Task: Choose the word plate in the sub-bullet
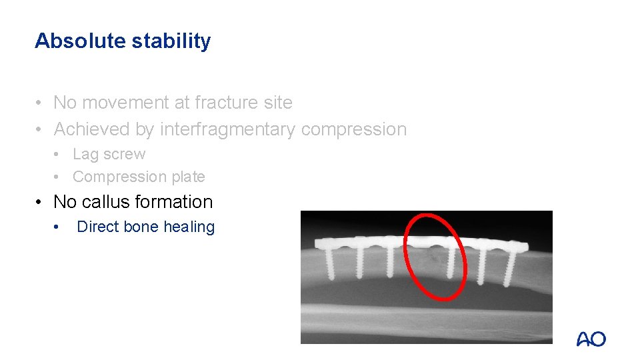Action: click(189, 177)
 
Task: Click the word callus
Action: click(106, 201)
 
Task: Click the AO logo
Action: click(591, 339)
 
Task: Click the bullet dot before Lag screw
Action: click(59, 155)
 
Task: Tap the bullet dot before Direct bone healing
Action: click(59, 227)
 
